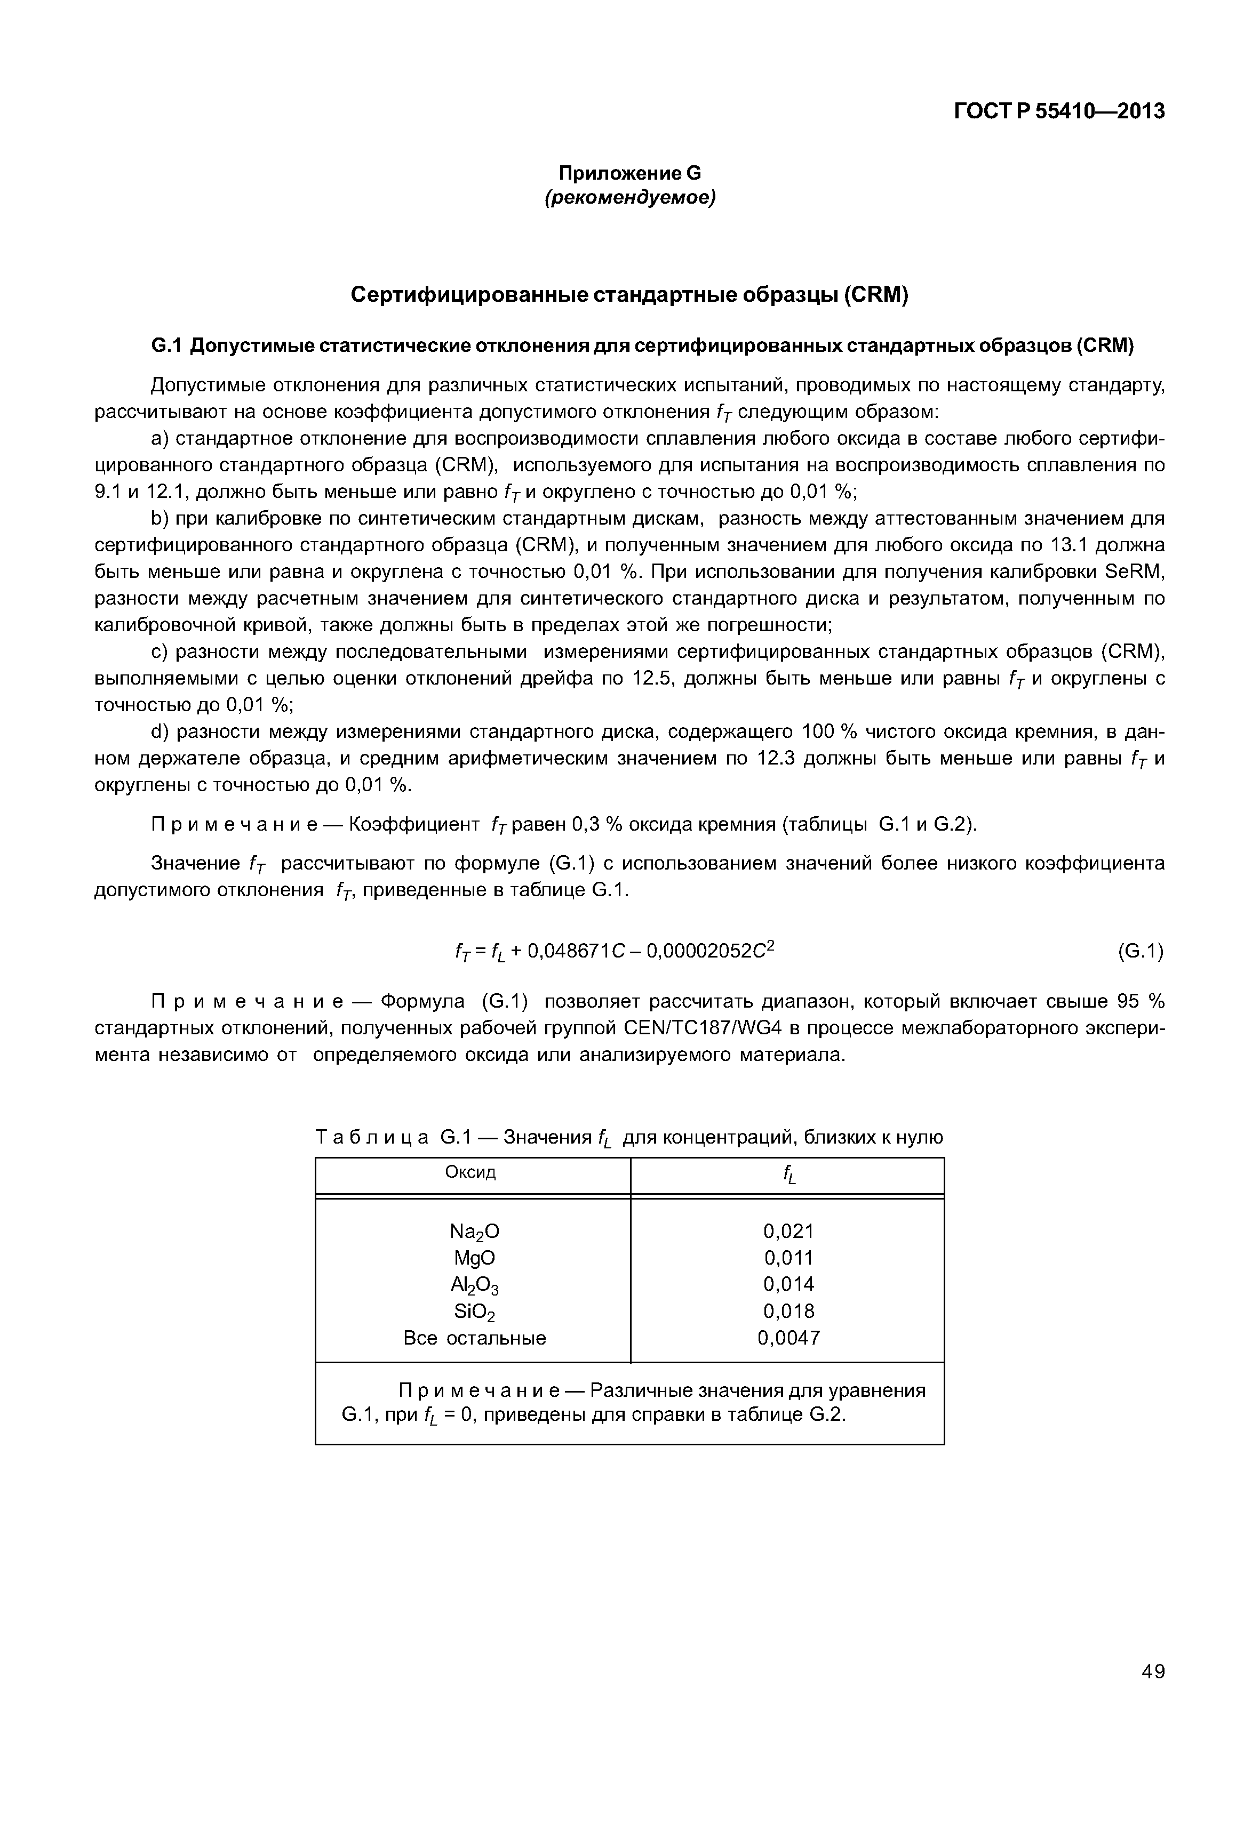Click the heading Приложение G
coord(629,173)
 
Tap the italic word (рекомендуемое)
coord(629,198)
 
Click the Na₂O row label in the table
coord(474,1231)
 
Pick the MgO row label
coord(474,1257)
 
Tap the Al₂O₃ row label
coord(474,1285)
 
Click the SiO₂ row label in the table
coord(474,1312)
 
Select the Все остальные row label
coord(474,1338)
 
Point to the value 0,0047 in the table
coord(788,1338)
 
